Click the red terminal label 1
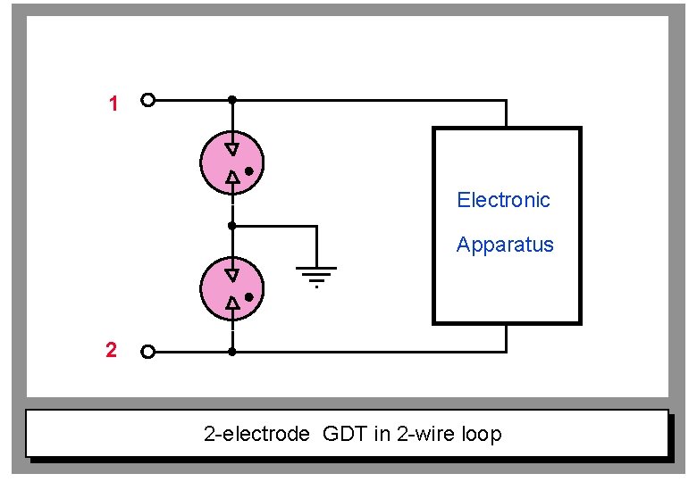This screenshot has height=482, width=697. click(x=113, y=104)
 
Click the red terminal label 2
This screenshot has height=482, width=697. click(x=111, y=351)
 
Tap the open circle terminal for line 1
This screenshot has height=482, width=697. click(x=148, y=100)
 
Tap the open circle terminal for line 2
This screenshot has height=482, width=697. click(x=148, y=352)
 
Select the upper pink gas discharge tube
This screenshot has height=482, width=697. click(x=231, y=162)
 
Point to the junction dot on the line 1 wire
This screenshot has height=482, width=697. click(x=232, y=100)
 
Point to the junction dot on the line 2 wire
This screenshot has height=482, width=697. click(x=232, y=352)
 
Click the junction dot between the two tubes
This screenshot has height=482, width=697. click(x=232, y=226)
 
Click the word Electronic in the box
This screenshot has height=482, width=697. click(x=503, y=200)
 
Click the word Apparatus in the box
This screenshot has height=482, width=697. click(x=505, y=245)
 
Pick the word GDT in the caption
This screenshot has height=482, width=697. click(x=348, y=435)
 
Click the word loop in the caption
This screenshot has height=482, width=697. click(x=482, y=435)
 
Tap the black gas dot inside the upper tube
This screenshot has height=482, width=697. click(x=249, y=170)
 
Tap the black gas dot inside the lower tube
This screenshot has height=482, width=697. click(x=249, y=296)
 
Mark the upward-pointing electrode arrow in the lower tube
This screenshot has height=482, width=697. click(x=232, y=304)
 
